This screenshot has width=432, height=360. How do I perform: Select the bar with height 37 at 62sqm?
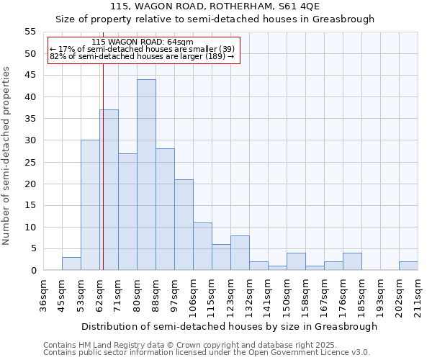pos(109,190)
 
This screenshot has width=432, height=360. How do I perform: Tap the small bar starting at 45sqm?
pos(71,264)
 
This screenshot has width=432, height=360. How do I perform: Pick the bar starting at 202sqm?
pos(408,266)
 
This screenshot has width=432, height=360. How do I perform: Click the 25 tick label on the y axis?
pos(30,162)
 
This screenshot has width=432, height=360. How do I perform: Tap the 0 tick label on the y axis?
pos(33,271)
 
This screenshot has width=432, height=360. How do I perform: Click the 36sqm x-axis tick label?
pos(44,295)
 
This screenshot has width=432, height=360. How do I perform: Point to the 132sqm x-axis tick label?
pos(250,295)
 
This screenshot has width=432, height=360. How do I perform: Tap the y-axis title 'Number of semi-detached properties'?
pos(7,156)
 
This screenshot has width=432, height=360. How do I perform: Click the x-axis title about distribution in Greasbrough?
pos(229,326)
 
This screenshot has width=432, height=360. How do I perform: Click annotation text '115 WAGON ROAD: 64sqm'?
pos(143,42)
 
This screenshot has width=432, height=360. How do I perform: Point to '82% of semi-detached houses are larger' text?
pos(142,56)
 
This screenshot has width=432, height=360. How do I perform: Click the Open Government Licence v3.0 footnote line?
pos(207,353)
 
